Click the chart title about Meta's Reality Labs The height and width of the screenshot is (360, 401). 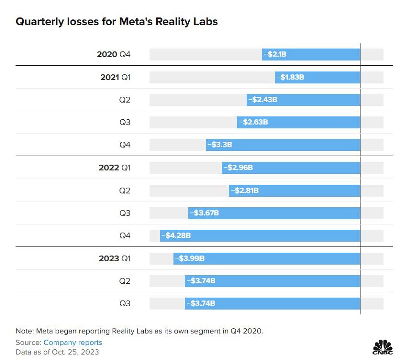click(116, 22)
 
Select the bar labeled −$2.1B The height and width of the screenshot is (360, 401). click(311, 54)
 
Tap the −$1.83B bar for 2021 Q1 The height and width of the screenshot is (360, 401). click(317, 77)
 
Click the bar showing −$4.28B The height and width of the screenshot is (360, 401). click(260, 235)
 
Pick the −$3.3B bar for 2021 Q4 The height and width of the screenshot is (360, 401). click(283, 145)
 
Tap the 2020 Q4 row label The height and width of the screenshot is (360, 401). click(114, 54)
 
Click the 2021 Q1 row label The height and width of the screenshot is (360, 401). click(115, 77)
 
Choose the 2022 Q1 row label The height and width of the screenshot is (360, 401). click(115, 168)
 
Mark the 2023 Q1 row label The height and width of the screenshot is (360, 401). click(115, 258)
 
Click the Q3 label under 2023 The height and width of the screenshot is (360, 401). click(125, 303)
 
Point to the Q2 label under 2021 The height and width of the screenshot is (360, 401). click(125, 100)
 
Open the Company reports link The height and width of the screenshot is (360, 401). click(73, 343)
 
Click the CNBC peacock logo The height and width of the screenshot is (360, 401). click(383, 346)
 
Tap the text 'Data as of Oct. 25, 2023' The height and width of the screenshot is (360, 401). click(57, 352)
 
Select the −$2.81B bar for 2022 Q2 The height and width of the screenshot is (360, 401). click(294, 191)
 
